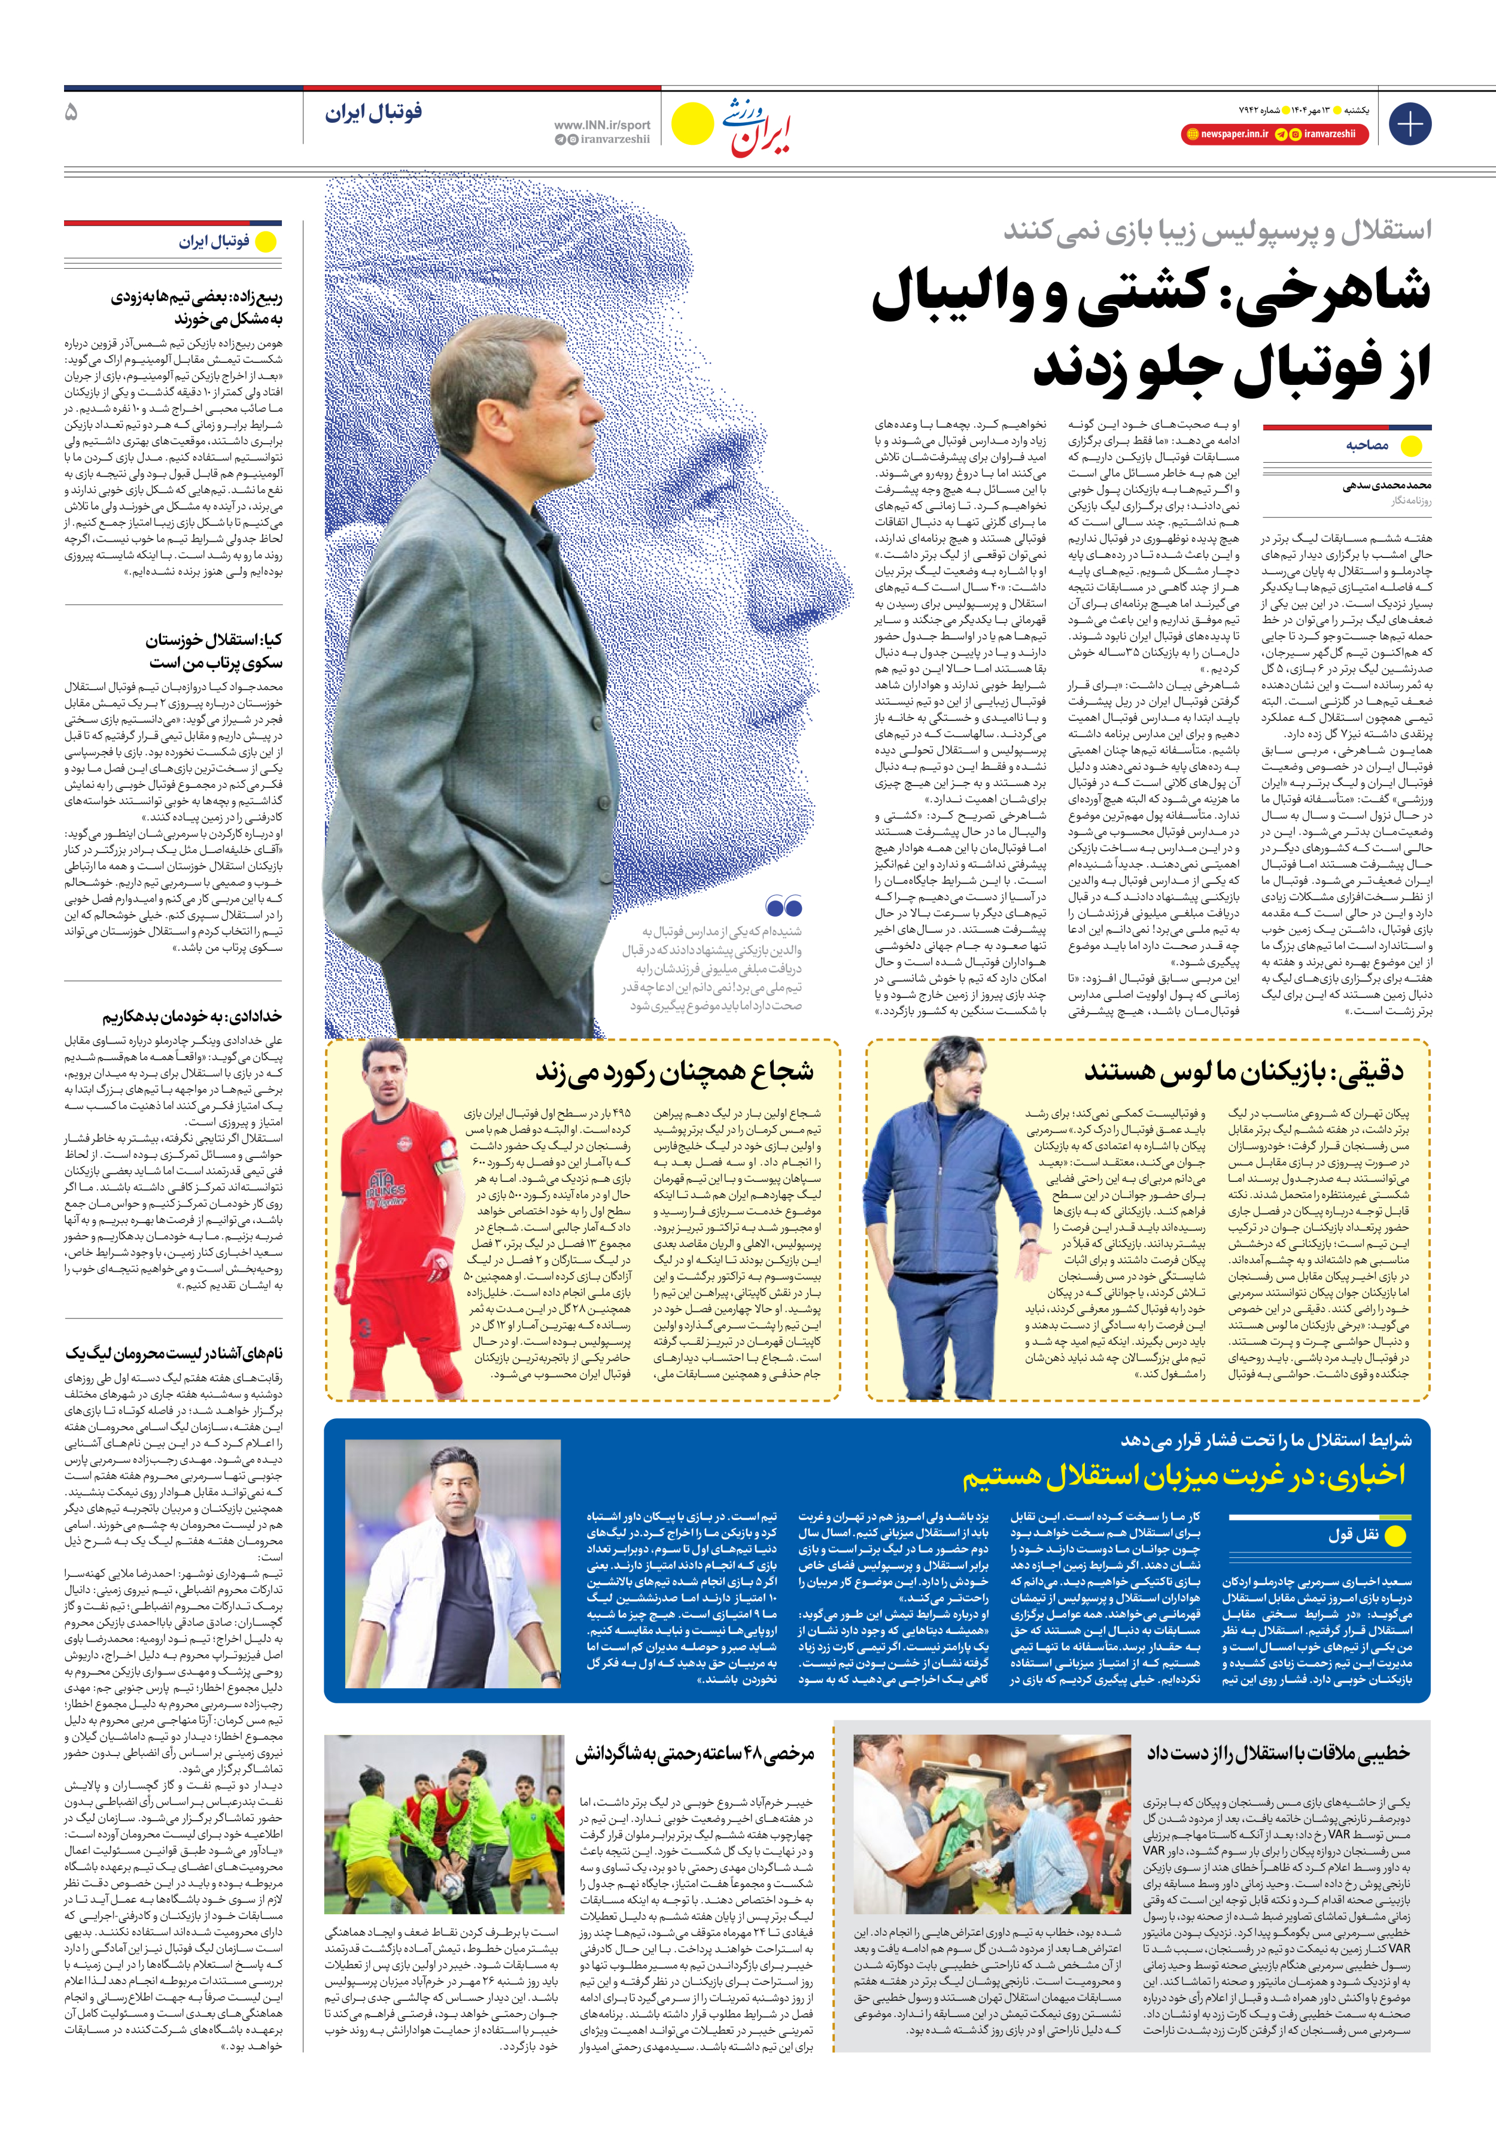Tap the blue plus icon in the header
[1409, 124]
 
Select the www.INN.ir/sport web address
[603, 125]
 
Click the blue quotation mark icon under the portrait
[784, 905]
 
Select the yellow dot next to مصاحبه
[1411, 446]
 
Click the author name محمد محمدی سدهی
[1387, 485]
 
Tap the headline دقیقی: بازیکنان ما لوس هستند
[1243, 1071]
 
